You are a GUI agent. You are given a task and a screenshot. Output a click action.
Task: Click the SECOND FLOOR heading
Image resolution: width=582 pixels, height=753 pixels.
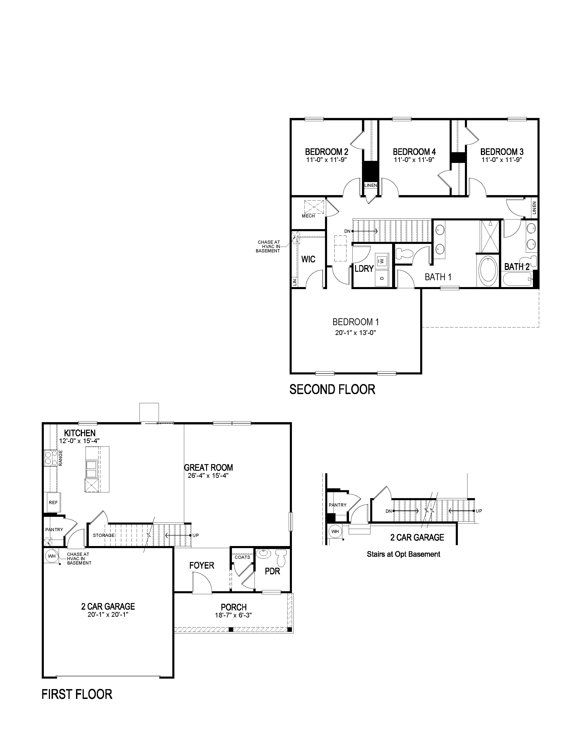tap(332, 390)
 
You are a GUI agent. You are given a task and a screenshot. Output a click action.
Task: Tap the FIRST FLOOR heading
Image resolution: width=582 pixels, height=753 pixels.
tap(77, 694)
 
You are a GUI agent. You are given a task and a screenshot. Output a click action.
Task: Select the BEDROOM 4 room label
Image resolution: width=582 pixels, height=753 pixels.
tap(414, 152)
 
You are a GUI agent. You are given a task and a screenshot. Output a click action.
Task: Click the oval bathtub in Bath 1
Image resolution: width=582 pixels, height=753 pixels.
tap(488, 269)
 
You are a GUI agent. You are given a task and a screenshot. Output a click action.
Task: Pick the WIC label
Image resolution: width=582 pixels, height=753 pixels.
tap(308, 259)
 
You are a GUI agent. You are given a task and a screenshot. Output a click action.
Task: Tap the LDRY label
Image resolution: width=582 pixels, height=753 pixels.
tap(364, 269)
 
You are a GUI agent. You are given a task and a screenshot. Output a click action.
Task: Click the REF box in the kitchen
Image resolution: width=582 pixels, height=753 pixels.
tap(53, 503)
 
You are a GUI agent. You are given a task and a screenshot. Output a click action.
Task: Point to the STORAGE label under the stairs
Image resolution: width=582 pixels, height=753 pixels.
tap(104, 536)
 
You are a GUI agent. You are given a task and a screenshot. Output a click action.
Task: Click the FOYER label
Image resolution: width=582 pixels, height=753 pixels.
tap(202, 565)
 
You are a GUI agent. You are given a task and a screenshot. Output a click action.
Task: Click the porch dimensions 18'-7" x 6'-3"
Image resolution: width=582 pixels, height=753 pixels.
tap(233, 615)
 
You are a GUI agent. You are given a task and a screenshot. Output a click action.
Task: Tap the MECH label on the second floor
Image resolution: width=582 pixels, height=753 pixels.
tap(308, 216)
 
